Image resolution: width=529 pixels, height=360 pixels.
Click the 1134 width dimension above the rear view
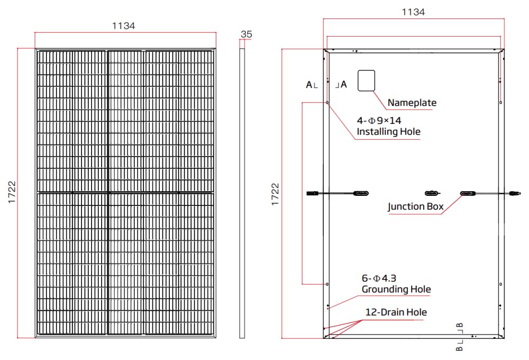(x=413, y=12)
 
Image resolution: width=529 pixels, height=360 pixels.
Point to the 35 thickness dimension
(x=246, y=34)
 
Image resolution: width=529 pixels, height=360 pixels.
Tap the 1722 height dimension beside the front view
(x=12, y=193)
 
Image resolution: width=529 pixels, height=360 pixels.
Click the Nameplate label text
(x=412, y=103)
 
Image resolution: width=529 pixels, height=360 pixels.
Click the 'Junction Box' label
(x=415, y=206)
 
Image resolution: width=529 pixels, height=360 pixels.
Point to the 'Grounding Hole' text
(x=396, y=290)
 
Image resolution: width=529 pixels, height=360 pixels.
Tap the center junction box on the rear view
(x=432, y=193)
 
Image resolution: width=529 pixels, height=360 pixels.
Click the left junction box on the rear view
(x=362, y=193)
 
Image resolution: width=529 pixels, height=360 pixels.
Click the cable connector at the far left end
(x=312, y=193)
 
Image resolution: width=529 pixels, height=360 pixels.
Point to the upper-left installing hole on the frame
(x=328, y=102)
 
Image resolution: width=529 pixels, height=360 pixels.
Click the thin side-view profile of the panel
(x=242, y=193)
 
